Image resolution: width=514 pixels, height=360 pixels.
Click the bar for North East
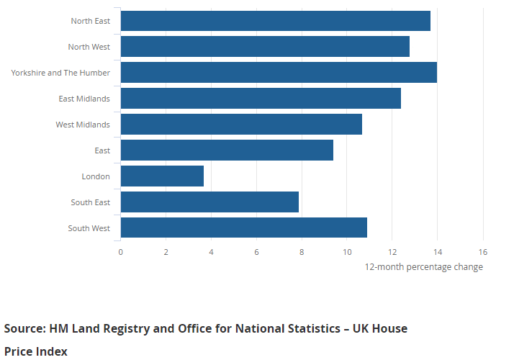tap(275, 21)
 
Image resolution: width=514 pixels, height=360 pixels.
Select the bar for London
tap(162, 176)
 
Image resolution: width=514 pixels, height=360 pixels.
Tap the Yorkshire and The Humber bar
tap(279, 73)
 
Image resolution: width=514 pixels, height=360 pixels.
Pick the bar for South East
tap(209, 202)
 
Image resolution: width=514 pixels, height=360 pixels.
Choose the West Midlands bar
tap(241, 125)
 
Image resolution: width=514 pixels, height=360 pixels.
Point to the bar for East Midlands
tap(261, 99)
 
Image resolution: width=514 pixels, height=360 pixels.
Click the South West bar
tap(243, 228)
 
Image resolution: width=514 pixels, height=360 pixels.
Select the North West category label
tap(89, 47)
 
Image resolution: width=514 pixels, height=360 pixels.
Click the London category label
tap(96, 176)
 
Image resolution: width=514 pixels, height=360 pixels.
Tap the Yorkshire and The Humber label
tap(60, 73)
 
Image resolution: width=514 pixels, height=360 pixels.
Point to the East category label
tap(102, 150)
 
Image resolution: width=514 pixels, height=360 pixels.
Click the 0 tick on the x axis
tap(121, 252)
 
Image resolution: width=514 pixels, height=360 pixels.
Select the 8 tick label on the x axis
tap(302, 252)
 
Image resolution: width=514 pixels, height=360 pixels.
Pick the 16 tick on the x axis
tap(482, 252)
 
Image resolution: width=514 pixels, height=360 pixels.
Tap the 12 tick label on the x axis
tap(392, 252)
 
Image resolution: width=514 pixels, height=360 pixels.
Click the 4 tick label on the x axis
tap(211, 252)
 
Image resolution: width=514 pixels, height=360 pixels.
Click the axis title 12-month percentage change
tap(423, 267)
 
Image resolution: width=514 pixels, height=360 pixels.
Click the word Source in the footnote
tap(24, 329)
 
